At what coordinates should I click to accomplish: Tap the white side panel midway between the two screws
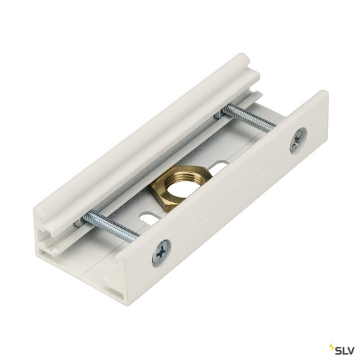coord(229,196)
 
